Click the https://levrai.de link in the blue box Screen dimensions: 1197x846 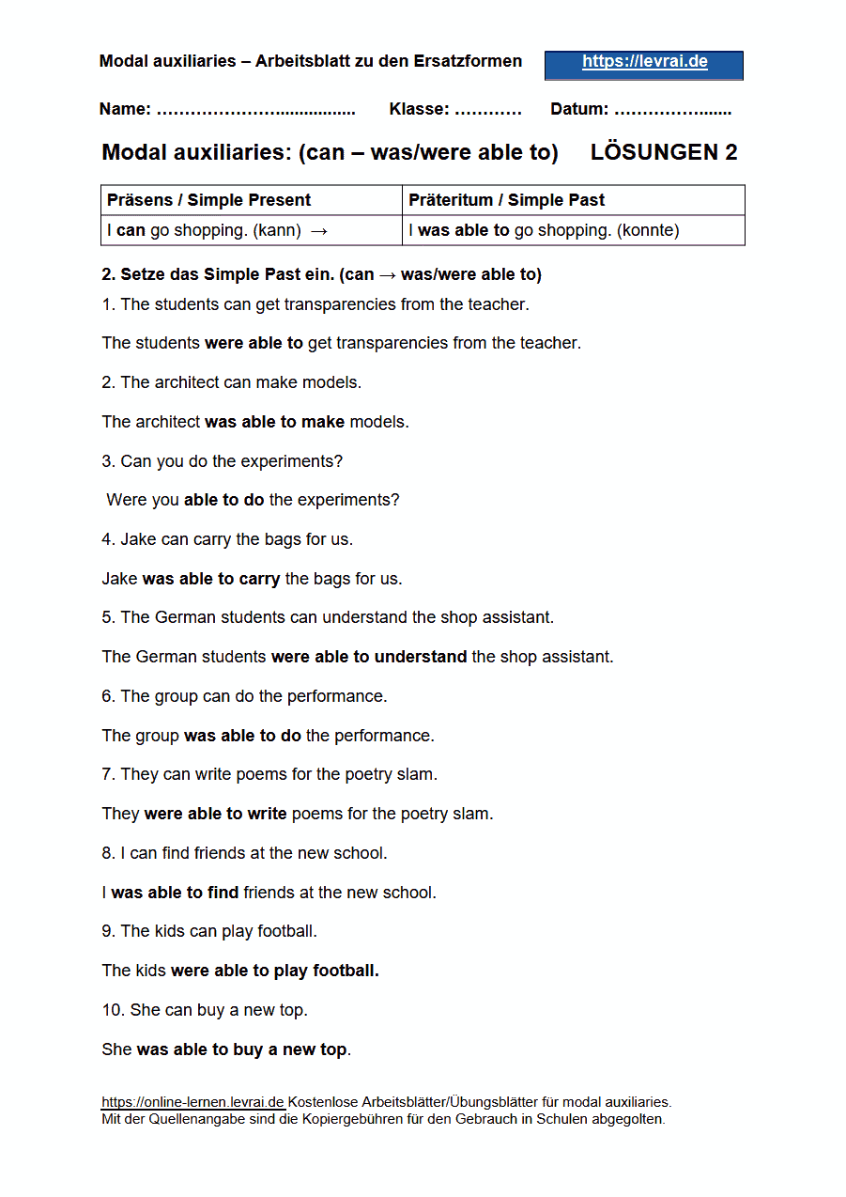click(644, 63)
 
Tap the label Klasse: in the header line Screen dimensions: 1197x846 click(419, 109)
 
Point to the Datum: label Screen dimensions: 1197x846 click(579, 109)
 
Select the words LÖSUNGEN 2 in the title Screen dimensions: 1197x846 click(664, 153)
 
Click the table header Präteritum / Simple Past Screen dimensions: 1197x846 click(506, 200)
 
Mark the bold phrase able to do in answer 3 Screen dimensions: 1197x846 click(223, 500)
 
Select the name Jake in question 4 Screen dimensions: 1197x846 click(137, 539)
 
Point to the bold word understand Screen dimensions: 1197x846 click(420, 657)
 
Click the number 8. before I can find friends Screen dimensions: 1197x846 click(109, 853)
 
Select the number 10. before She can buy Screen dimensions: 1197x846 click(113, 1010)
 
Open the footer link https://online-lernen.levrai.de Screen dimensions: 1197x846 click(192, 1102)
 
